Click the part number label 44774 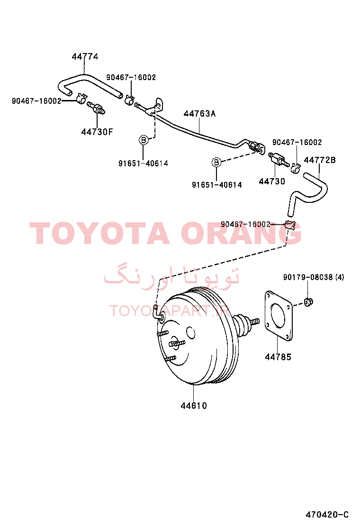pyautogui.click(x=85, y=56)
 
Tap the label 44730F pyautogui.click(x=97, y=132)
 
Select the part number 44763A pyautogui.click(x=199, y=114)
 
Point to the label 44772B pyautogui.click(x=320, y=160)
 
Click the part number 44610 pyautogui.click(x=194, y=406)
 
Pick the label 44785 pyautogui.click(x=278, y=357)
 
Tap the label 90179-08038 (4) pyautogui.click(x=314, y=277)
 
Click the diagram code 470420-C pyautogui.click(x=327, y=514)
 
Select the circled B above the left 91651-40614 pyautogui.click(x=144, y=140)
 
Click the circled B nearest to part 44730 pyautogui.click(x=216, y=163)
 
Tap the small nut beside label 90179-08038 pyautogui.click(x=308, y=302)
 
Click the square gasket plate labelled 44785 pyautogui.click(x=278, y=316)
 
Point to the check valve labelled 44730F pyautogui.click(x=96, y=108)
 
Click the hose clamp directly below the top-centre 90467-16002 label pyautogui.click(x=130, y=100)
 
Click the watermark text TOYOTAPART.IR pyautogui.click(x=170, y=311)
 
